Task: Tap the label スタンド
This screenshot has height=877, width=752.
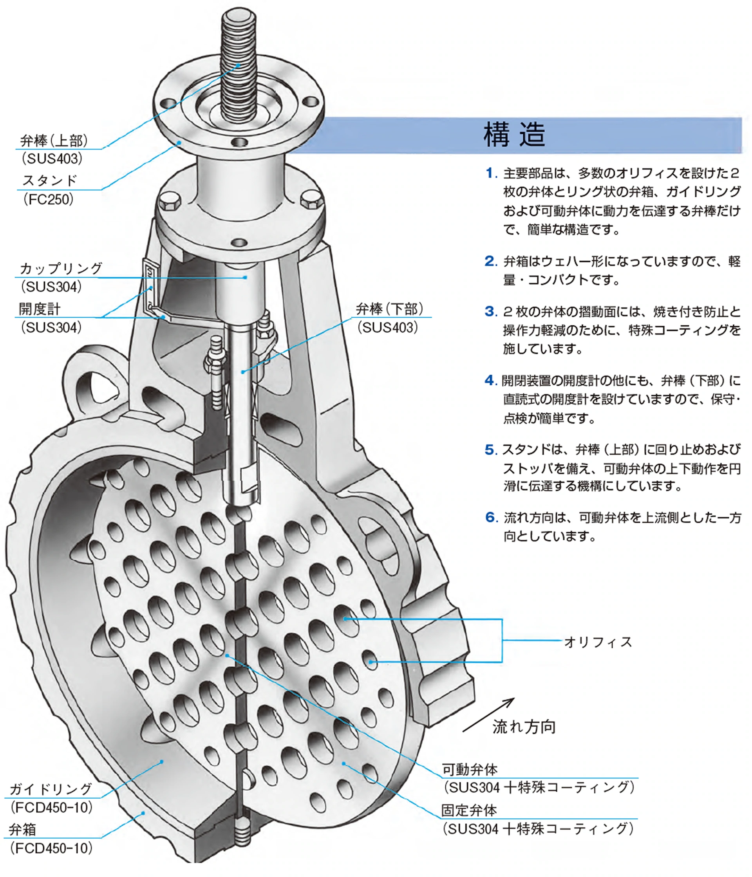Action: (x=49, y=181)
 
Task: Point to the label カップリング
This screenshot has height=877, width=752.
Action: (x=61, y=268)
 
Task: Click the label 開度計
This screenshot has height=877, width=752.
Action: (x=40, y=309)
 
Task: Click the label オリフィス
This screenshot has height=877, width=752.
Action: (x=597, y=642)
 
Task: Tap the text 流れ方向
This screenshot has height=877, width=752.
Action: (x=524, y=727)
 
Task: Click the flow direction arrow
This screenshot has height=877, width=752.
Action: (x=488, y=715)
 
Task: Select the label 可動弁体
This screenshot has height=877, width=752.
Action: (x=470, y=769)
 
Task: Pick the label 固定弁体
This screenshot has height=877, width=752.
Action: (x=469, y=810)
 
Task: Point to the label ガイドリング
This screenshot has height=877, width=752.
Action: (x=51, y=789)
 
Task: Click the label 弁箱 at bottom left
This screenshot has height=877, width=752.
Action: (x=22, y=829)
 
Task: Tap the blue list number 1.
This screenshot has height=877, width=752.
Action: (x=490, y=173)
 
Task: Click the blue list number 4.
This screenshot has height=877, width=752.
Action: (x=490, y=380)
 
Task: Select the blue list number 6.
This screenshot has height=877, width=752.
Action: (x=490, y=517)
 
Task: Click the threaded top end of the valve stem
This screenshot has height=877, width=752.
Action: (x=239, y=47)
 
